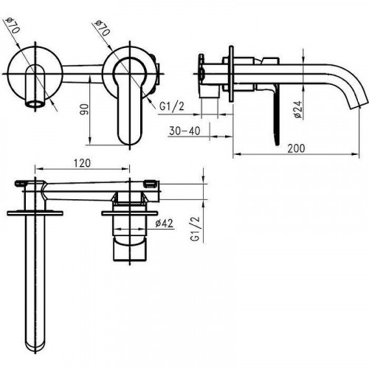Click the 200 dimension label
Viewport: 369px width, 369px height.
296,148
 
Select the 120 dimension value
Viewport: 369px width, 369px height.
82,163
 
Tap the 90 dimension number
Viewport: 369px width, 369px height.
85,110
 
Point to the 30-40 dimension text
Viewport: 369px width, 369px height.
184,131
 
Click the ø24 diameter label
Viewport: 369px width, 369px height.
298,109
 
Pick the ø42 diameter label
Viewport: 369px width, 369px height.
164,223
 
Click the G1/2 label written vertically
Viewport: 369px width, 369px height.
196,230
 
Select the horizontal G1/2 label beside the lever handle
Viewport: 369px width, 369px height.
171,107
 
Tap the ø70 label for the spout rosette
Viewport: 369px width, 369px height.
13,26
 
